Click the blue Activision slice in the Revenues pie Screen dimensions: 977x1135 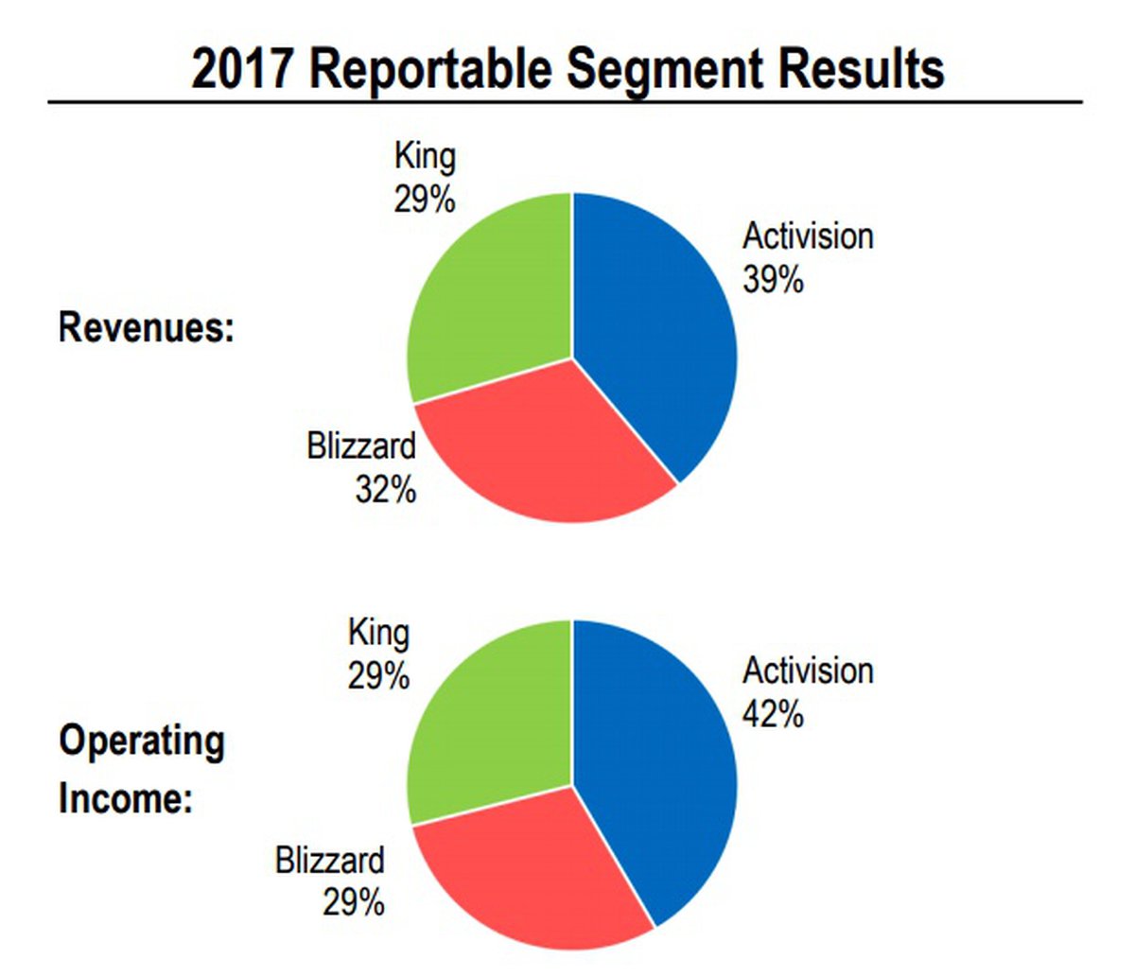653,322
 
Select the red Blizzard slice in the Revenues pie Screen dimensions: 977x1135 549,445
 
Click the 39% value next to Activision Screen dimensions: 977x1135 773,280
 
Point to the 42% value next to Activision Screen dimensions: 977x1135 773,715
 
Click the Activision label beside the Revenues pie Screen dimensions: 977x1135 808,236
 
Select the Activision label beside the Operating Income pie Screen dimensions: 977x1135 808,671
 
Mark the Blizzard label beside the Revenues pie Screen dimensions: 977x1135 360,445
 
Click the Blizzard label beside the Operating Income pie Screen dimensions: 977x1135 330,861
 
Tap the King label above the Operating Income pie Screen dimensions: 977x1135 378,633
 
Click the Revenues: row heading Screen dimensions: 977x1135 147,328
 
